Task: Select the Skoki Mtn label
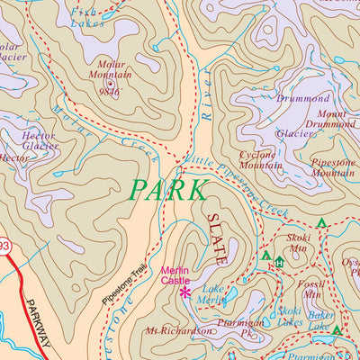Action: [x=297, y=243]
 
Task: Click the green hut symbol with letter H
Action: [x=280, y=262]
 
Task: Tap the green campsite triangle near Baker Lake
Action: [x=336, y=331]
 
